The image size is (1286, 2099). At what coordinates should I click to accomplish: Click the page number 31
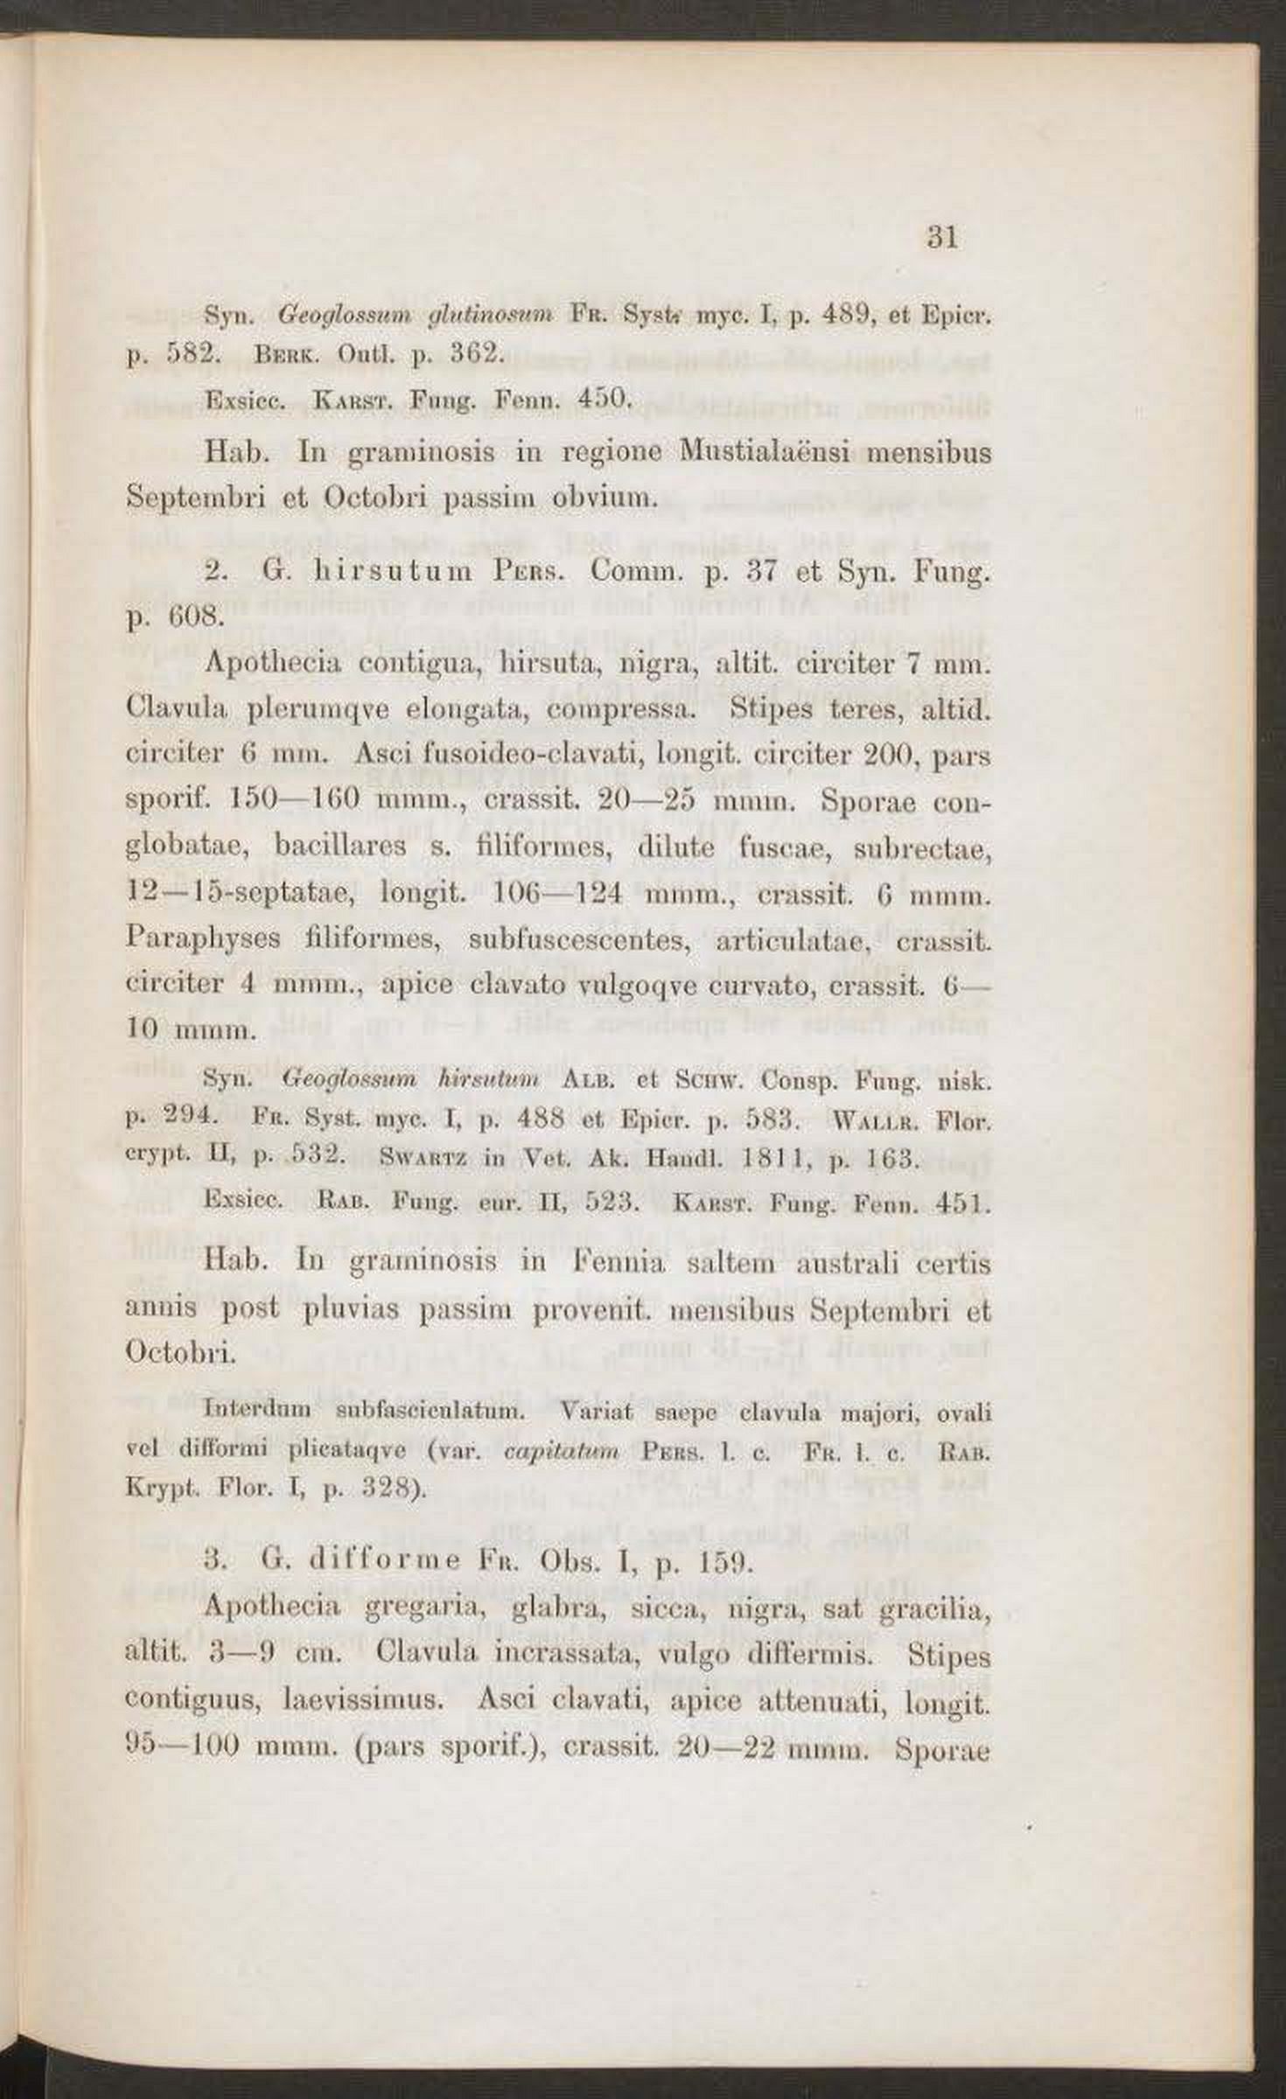click(x=942, y=238)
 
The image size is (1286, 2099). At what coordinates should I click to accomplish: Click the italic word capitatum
click(x=563, y=1452)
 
